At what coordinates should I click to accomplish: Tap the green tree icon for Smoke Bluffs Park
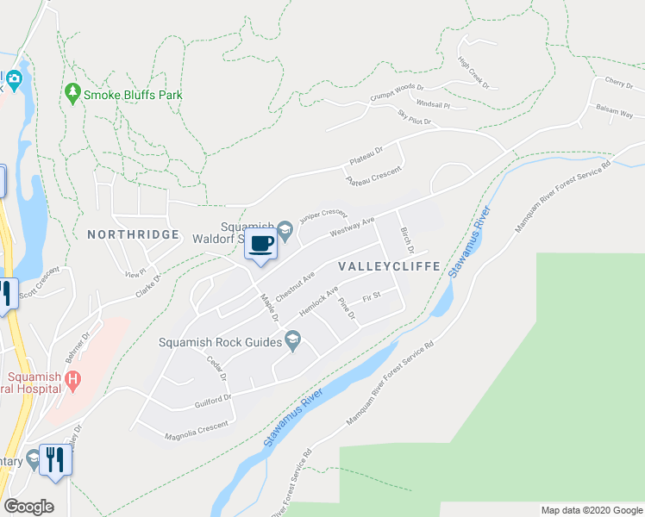click(73, 92)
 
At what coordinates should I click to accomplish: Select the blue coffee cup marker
click(261, 244)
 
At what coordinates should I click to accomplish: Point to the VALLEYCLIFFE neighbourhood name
click(389, 266)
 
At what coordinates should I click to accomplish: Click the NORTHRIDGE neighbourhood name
click(133, 234)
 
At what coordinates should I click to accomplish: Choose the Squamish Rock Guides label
click(220, 342)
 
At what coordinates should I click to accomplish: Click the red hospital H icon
click(73, 378)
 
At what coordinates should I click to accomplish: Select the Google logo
click(28, 507)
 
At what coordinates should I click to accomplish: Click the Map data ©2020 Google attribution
click(591, 510)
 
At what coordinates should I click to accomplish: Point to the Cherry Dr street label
click(619, 84)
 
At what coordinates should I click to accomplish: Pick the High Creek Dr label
click(473, 73)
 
